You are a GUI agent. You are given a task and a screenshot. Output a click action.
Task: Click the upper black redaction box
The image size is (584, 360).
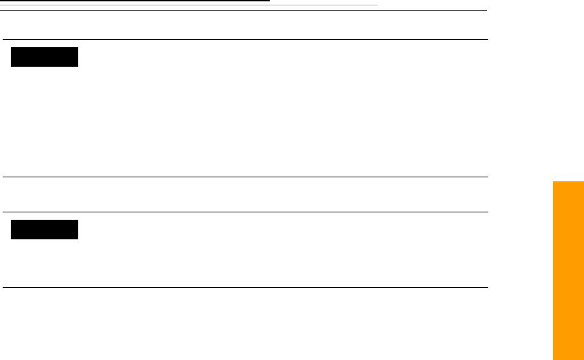[x=45, y=57]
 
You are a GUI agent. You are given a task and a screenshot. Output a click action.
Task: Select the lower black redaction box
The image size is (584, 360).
[x=45, y=229]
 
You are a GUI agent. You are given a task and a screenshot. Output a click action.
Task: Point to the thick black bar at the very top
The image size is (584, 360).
[x=135, y=1]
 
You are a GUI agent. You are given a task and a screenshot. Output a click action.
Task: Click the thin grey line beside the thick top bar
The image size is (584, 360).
[x=324, y=5]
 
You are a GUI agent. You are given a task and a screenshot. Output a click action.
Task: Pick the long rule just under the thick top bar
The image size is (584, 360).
[x=243, y=10]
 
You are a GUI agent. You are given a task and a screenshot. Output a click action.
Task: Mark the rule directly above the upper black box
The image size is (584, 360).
[x=243, y=40]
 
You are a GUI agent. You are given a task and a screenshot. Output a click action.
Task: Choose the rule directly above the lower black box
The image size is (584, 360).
[x=243, y=212]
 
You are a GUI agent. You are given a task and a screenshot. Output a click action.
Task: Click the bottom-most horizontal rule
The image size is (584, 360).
[x=243, y=288]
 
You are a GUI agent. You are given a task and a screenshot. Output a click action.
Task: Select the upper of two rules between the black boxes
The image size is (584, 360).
[x=243, y=177]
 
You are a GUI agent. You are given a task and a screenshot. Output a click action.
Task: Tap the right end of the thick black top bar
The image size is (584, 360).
[x=269, y=1]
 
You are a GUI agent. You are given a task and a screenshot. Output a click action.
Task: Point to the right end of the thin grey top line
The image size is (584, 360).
[x=376, y=5]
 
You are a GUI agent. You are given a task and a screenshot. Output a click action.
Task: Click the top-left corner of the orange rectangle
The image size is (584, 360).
[x=552, y=181]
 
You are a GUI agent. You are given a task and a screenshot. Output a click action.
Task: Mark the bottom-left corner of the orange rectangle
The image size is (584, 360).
[x=552, y=359]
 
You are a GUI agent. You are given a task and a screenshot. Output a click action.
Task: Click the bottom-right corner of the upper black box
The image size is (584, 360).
[x=78, y=66]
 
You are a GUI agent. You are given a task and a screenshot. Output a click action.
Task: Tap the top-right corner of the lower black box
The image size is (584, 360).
[x=78, y=220]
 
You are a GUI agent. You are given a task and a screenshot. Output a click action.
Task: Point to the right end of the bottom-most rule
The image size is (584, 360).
[x=487, y=288]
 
